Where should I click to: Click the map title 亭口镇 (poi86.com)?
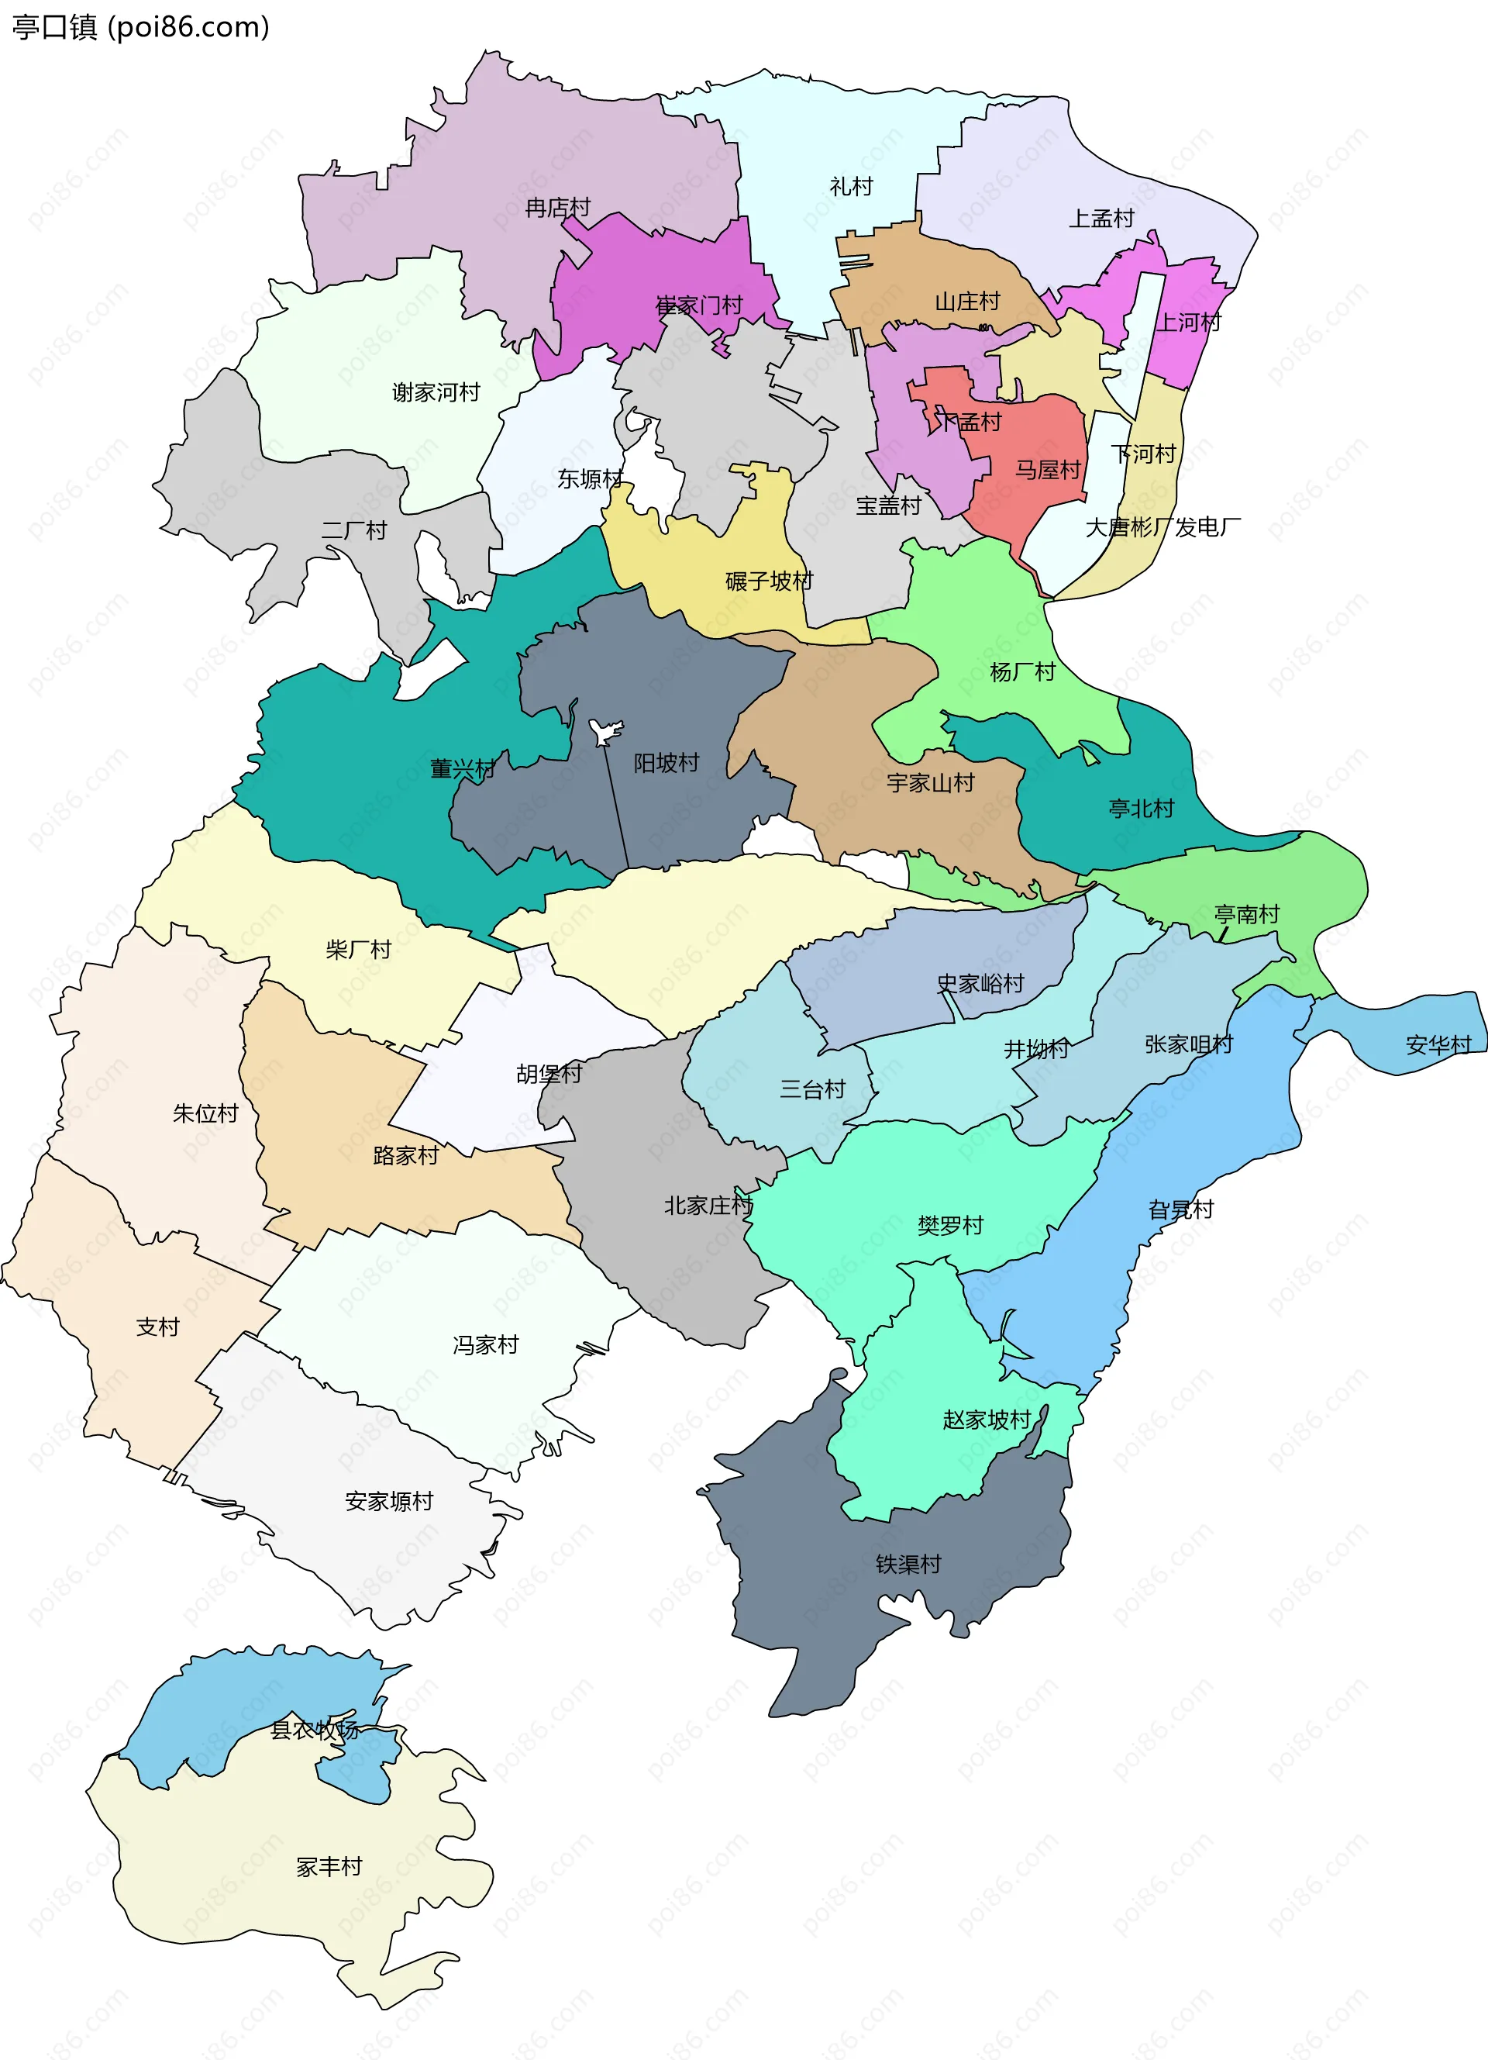click(141, 27)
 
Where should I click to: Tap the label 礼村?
click(851, 186)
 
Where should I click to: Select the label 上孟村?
click(1101, 218)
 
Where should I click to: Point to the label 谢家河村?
click(436, 392)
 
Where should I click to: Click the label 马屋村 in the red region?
click(1048, 470)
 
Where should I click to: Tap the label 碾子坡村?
click(768, 581)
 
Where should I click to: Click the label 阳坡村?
click(666, 763)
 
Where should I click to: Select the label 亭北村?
click(1142, 809)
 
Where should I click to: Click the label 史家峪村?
click(980, 984)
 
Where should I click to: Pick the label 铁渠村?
click(908, 1564)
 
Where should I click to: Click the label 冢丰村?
click(329, 1866)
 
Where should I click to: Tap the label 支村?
click(158, 1327)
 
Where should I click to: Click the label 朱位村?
click(205, 1113)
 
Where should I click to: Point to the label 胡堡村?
click(549, 1075)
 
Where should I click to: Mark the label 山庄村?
click(967, 302)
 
